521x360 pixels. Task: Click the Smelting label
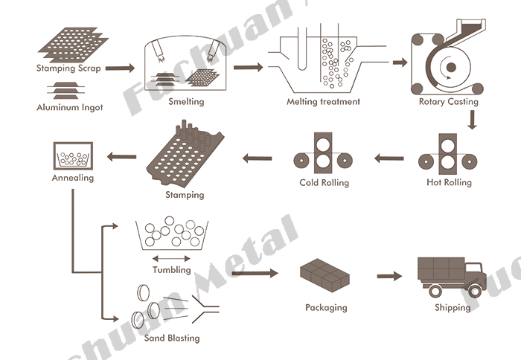185,101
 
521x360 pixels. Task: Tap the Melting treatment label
323,101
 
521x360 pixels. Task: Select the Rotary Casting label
448,101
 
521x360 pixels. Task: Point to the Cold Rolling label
324,182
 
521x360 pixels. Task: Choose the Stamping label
184,196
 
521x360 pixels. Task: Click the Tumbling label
171,270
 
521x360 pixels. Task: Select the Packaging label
326,306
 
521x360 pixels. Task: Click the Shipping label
452,306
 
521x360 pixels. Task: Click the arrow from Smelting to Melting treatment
248,68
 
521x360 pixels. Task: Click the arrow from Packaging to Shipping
389,277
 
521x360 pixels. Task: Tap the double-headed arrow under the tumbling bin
170,258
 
